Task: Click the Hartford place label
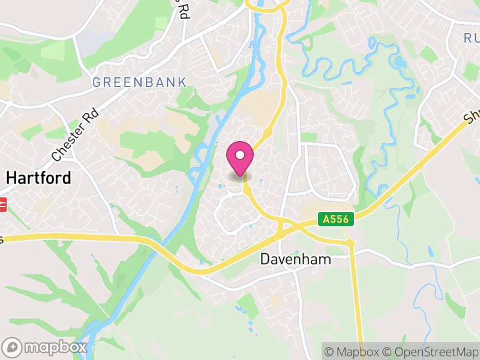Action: pos(38,178)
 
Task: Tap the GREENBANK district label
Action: pos(139,82)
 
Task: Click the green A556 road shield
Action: pos(335,220)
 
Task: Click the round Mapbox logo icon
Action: pos(12,347)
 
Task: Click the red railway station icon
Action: pos(2,205)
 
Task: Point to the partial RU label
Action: pos(470,38)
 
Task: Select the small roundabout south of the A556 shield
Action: pos(350,243)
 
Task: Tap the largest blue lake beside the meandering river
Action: pos(400,62)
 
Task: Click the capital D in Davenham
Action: pos(265,259)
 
